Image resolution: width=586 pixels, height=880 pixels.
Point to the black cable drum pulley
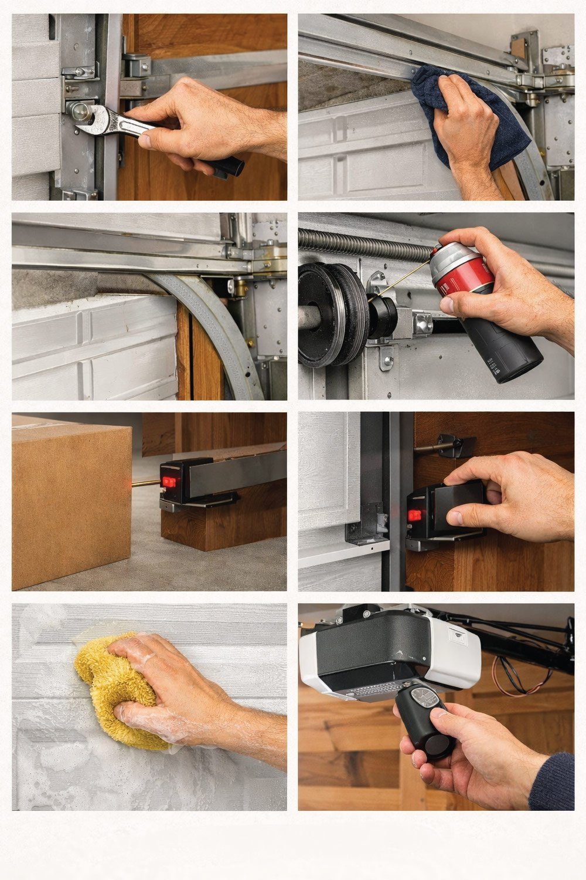[x=331, y=314]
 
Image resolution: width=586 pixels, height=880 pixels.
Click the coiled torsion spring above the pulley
[x=363, y=241]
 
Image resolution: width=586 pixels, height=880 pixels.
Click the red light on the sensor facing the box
[x=169, y=482]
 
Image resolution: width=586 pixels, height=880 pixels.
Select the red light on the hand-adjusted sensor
[x=415, y=515]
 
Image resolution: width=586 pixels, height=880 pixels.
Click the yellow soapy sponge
[x=117, y=686]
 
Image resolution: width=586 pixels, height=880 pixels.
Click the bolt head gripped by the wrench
[x=76, y=110]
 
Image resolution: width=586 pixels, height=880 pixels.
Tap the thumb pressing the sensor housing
[x=460, y=517]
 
